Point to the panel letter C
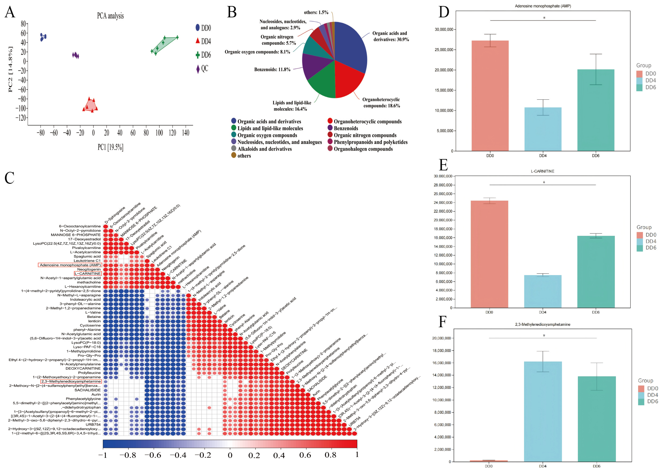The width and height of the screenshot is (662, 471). tap(10, 178)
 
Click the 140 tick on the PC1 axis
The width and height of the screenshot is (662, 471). tap(186, 133)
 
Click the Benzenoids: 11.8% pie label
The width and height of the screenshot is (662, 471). tap(272, 70)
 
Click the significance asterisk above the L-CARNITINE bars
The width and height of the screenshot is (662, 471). tap(544, 182)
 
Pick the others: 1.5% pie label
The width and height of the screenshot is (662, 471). tap(316, 12)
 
